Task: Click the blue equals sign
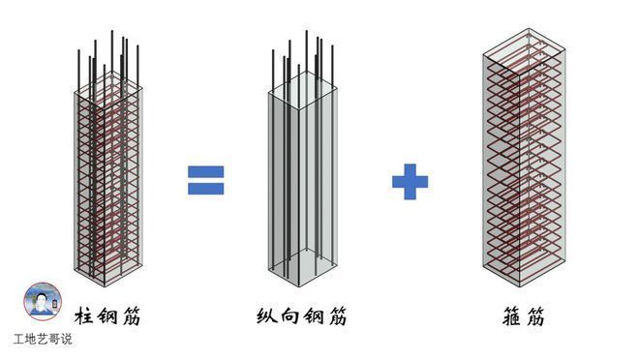[205, 179]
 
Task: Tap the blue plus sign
[410, 181]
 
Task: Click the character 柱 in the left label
[87, 315]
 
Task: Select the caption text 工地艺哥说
[43, 340]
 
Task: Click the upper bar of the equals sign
[205, 171]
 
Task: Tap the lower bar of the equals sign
[205, 188]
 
